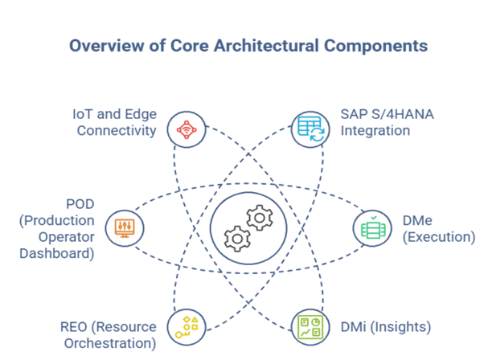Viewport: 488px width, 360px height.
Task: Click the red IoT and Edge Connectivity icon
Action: pos(187,129)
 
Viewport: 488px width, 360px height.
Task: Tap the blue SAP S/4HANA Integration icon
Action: pos(310,129)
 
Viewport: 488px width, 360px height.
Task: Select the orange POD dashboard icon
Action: pos(124,227)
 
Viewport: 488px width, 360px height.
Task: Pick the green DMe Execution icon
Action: pos(372,227)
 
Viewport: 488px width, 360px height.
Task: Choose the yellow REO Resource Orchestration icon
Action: pos(187,326)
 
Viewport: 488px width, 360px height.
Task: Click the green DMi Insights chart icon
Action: pos(310,326)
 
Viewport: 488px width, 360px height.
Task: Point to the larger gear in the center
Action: pos(260,217)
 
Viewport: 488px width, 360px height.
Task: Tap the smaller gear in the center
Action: pos(236,239)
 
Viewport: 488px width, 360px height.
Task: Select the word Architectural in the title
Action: pos(267,46)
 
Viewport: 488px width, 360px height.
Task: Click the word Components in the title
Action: pos(375,46)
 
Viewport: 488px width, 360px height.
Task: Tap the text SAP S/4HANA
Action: pos(387,114)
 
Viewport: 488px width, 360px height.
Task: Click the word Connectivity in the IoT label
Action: pos(117,130)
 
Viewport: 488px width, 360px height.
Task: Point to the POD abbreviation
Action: pos(79,204)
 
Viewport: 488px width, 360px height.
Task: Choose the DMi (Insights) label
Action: pos(386,327)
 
